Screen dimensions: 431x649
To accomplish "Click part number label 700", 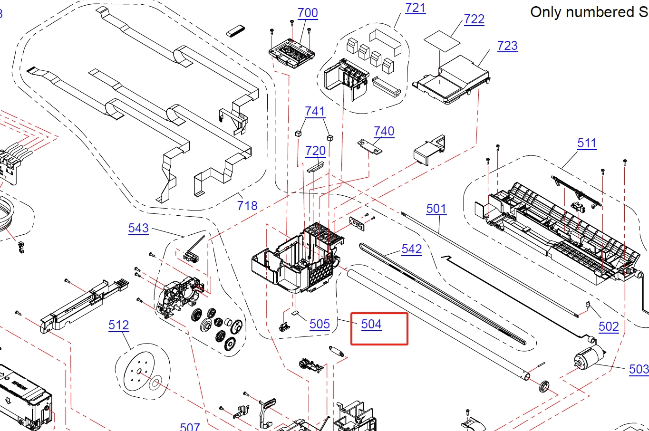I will click(308, 13).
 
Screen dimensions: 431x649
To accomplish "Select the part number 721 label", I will click(415, 8).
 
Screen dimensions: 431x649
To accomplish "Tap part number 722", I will click(474, 19).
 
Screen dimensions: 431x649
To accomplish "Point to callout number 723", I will click(507, 46).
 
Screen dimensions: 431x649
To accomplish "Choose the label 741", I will click(315, 111).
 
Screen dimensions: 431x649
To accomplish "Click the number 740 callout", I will click(384, 131).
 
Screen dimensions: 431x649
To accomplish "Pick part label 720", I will click(315, 151).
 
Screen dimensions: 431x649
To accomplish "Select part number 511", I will click(587, 143).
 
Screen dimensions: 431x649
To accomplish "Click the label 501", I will click(436, 209).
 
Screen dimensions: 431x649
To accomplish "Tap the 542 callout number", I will click(411, 249).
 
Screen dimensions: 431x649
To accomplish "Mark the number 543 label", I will click(138, 228).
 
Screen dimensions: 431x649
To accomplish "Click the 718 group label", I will click(247, 206).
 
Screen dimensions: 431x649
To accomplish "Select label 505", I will click(320, 324).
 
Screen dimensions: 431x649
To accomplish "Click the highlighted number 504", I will click(371, 324).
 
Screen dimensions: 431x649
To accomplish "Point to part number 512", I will click(118, 325).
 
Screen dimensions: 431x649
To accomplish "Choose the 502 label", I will click(609, 326).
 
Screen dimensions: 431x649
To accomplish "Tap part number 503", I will click(639, 369).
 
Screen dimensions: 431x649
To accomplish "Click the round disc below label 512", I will click(139, 373).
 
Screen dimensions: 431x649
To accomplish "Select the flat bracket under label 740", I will click(369, 146).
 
